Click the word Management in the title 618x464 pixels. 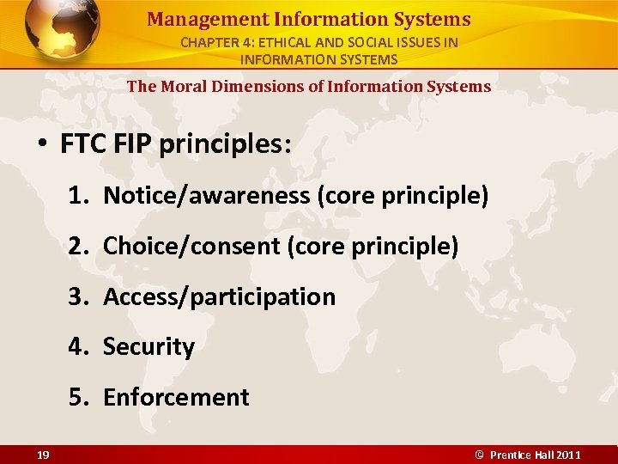tap(193, 19)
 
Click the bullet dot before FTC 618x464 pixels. tap(43, 144)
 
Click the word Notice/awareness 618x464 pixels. tap(206, 196)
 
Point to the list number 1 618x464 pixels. tap(78, 196)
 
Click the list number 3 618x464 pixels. tap(78, 297)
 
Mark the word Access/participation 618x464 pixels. tap(219, 297)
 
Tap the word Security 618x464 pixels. tap(148, 347)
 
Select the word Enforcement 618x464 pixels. tap(176, 397)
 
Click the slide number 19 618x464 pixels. tap(43, 455)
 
